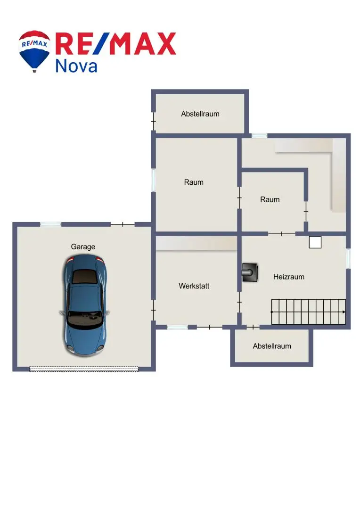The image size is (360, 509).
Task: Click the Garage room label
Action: pyautogui.click(x=83, y=246)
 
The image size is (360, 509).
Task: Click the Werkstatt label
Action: pyautogui.click(x=194, y=286)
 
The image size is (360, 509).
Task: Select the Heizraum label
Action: pyautogui.click(x=288, y=277)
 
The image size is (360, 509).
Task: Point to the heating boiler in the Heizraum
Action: pyautogui.click(x=250, y=272)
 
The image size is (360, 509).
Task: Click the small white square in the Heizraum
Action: pyautogui.click(x=315, y=242)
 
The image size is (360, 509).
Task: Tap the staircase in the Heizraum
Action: pyautogui.click(x=308, y=312)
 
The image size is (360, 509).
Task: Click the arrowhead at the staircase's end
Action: pyautogui.click(x=344, y=312)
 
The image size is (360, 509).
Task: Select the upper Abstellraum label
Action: pyautogui.click(x=200, y=114)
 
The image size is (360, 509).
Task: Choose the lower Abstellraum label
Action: pyautogui.click(x=272, y=346)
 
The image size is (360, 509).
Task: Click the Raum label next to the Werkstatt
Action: pyautogui.click(x=194, y=182)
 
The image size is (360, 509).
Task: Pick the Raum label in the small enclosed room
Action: pyautogui.click(x=270, y=199)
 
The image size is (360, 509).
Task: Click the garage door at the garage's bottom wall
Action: pyautogui.click(x=84, y=369)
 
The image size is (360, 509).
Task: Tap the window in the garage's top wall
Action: pyautogui.click(x=50, y=224)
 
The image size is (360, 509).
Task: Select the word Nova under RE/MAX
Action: pyautogui.click(x=76, y=66)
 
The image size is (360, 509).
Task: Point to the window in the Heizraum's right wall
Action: pyautogui.click(x=348, y=258)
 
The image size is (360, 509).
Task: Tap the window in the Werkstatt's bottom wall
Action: pyautogui.click(x=177, y=327)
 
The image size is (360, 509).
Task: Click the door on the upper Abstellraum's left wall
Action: pyautogui.click(x=154, y=121)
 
